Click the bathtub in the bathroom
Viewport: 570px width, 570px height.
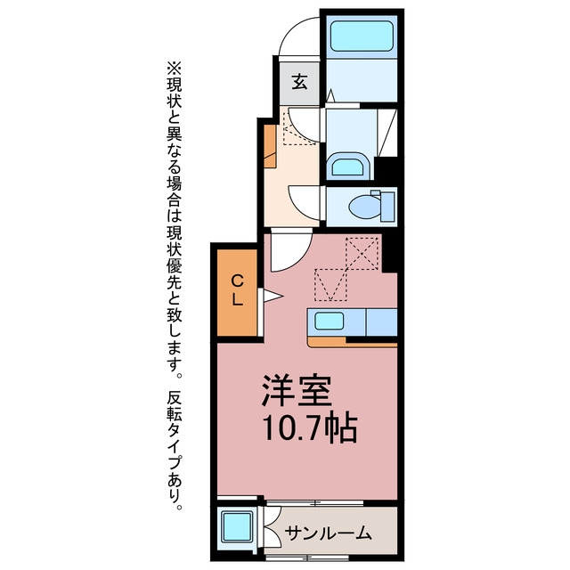pos(362,36)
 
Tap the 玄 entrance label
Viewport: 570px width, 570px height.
pos(300,82)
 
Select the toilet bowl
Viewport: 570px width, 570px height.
pos(364,207)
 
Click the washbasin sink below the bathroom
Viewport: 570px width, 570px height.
pos(348,167)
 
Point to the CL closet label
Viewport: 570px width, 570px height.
pos(238,290)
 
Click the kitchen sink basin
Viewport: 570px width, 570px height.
pos(329,322)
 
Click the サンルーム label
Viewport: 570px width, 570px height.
pos(329,533)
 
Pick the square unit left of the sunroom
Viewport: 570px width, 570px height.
pos(238,526)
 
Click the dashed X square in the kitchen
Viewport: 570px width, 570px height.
pos(362,253)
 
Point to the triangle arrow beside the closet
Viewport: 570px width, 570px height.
pos(273,296)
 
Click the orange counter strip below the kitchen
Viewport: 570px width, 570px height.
pos(352,342)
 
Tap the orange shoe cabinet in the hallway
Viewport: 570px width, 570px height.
pos(270,146)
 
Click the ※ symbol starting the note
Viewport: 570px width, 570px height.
pos(174,69)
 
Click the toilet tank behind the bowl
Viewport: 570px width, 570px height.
pos(387,207)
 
